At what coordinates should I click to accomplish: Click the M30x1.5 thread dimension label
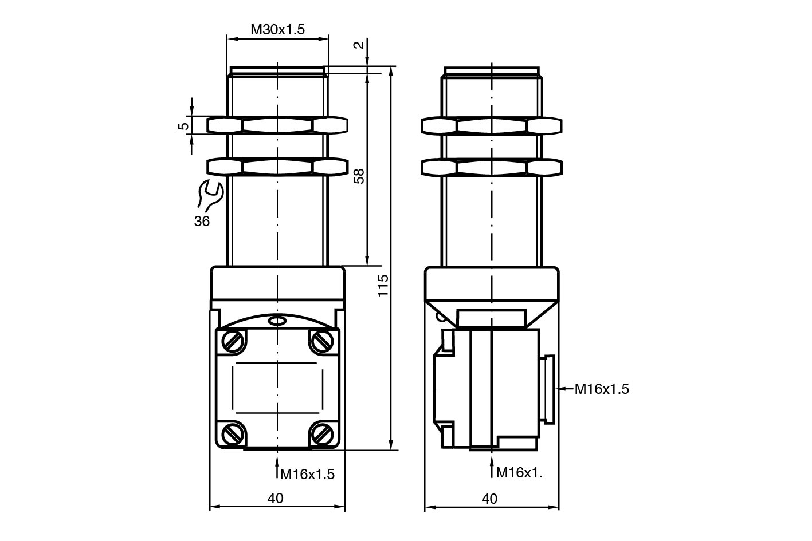coord(277,29)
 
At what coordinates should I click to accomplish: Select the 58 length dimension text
coord(359,176)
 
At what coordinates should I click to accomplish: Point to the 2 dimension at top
coord(359,45)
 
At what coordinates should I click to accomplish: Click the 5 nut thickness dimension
coord(183,126)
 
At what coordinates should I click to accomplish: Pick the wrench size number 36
coord(202,221)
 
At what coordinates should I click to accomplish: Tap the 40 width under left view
coord(276,499)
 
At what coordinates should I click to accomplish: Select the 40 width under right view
coord(490,499)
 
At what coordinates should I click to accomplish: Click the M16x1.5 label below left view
coord(307,474)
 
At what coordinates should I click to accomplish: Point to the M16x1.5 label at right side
coord(602,389)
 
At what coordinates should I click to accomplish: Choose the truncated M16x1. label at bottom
coord(519,473)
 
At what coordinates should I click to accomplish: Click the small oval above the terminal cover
coord(277,321)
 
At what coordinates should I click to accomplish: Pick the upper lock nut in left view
coord(277,125)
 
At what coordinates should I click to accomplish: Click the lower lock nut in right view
coord(491,167)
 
